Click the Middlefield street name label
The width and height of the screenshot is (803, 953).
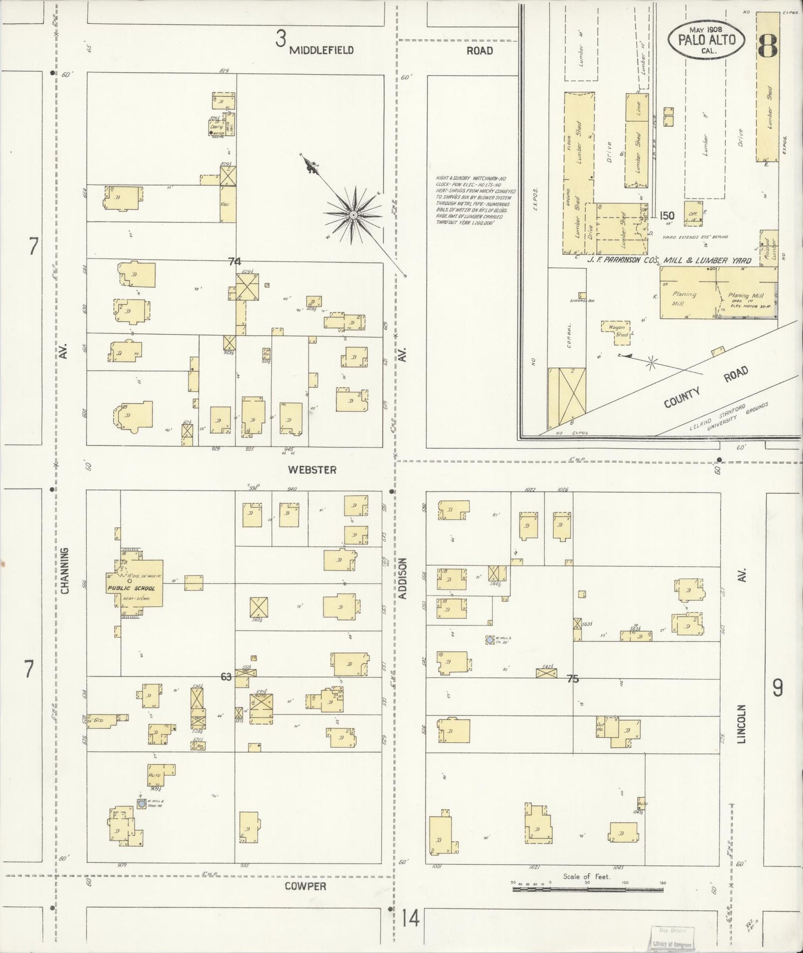[322, 50]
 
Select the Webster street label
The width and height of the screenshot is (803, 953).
[312, 470]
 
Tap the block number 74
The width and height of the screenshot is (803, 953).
[235, 261]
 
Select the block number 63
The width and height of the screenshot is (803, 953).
[226, 677]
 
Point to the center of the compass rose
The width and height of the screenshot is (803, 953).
[353, 214]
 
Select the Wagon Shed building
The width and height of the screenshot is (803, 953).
[617, 329]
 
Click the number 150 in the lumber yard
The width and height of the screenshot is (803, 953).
[667, 216]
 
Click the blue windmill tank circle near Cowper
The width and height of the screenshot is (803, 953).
[142, 803]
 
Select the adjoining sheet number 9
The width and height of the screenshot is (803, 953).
[777, 688]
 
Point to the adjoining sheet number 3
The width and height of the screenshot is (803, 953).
[281, 39]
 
